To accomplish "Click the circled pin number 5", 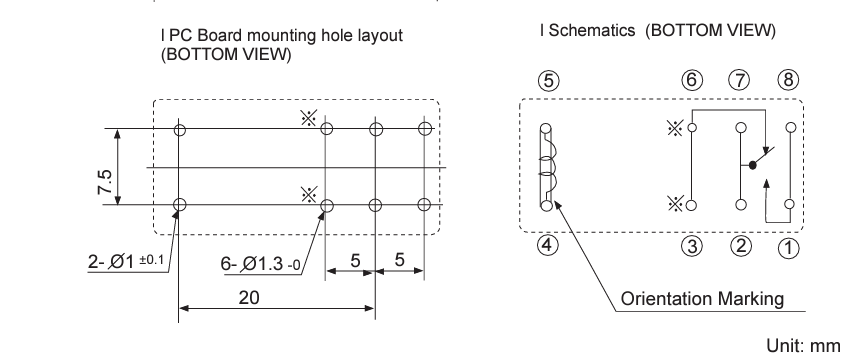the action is point(548,81).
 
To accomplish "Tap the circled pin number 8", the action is point(788,80).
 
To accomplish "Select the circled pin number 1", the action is point(788,248).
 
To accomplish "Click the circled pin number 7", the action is point(739,80).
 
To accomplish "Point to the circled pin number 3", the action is point(692,246).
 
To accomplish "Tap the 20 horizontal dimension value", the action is point(249,297).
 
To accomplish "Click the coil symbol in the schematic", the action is point(546,167).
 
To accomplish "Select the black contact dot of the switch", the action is point(753,165).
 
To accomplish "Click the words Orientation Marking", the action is point(702,299).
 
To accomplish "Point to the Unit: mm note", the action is point(803,346).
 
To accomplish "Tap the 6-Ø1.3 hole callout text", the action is point(261,264).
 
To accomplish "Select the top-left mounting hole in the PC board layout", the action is point(180,130).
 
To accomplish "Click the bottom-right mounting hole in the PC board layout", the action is point(423,205).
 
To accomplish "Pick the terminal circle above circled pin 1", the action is point(789,204).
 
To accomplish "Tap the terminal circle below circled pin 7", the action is point(741,128).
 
